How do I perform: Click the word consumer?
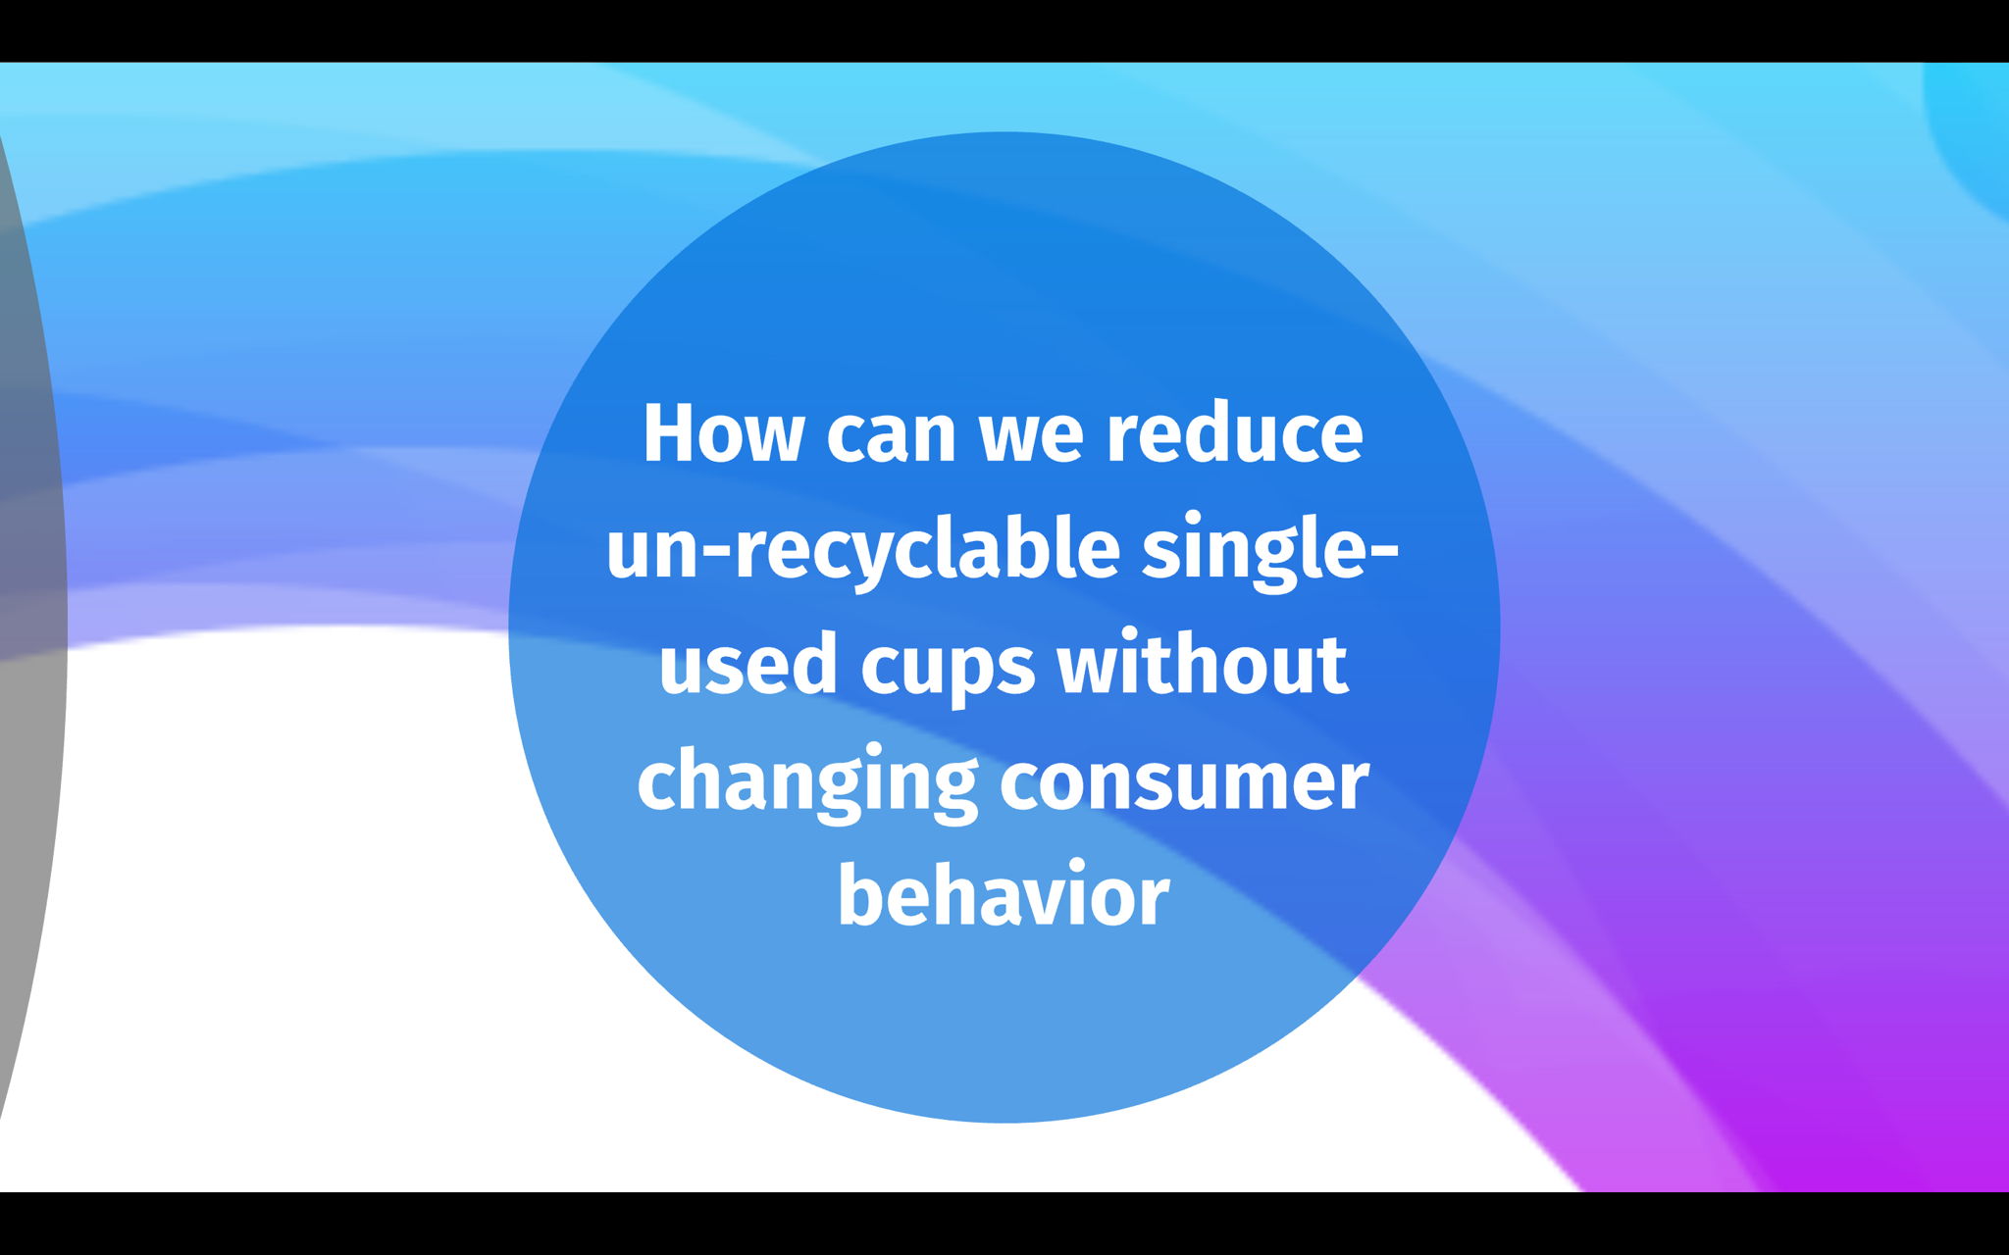(1184, 785)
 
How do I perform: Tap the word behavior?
(1004, 892)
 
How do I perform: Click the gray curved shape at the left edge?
(29, 627)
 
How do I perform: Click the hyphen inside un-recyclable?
(719, 556)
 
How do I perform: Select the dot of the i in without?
(1155, 635)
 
